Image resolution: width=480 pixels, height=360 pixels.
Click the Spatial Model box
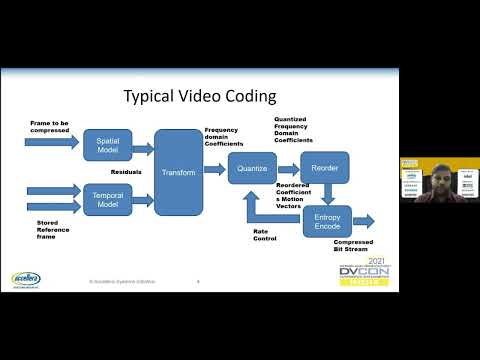tap(107, 145)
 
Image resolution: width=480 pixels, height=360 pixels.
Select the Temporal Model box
tap(107, 195)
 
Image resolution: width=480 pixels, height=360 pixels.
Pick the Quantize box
tap(250, 168)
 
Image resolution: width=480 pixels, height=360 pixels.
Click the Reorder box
tap(322, 168)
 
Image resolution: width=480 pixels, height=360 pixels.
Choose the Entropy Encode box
tap(327, 222)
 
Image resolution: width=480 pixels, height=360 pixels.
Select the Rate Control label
tap(266, 234)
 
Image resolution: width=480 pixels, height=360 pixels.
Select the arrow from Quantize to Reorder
tap(286, 168)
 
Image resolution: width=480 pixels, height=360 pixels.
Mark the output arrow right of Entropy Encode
tap(363, 221)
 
